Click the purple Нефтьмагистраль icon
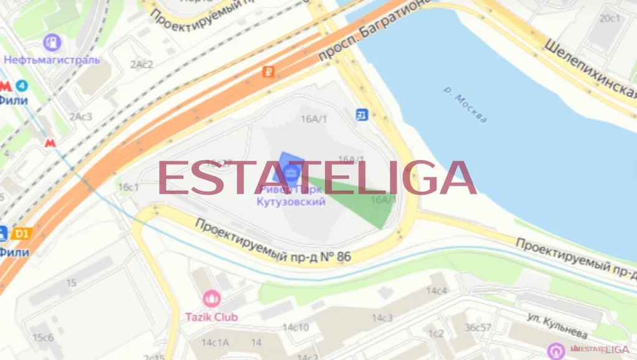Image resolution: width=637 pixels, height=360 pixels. coord(52,43)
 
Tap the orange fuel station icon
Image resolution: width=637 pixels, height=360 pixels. coord(268,72)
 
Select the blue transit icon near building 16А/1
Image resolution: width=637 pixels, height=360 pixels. coord(362,114)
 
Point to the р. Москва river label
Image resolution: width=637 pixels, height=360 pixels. coord(465,104)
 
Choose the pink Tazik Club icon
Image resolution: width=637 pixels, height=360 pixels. coord(212,299)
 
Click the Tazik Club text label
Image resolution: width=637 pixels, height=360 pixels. coord(212,317)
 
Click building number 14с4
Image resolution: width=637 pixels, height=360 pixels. coord(436,291)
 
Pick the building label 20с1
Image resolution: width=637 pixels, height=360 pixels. coord(610,18)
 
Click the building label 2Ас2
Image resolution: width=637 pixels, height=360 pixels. coord(141,64)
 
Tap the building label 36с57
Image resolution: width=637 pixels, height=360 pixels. coord(478,328)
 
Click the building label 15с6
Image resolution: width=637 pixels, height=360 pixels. coord(43,338)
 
